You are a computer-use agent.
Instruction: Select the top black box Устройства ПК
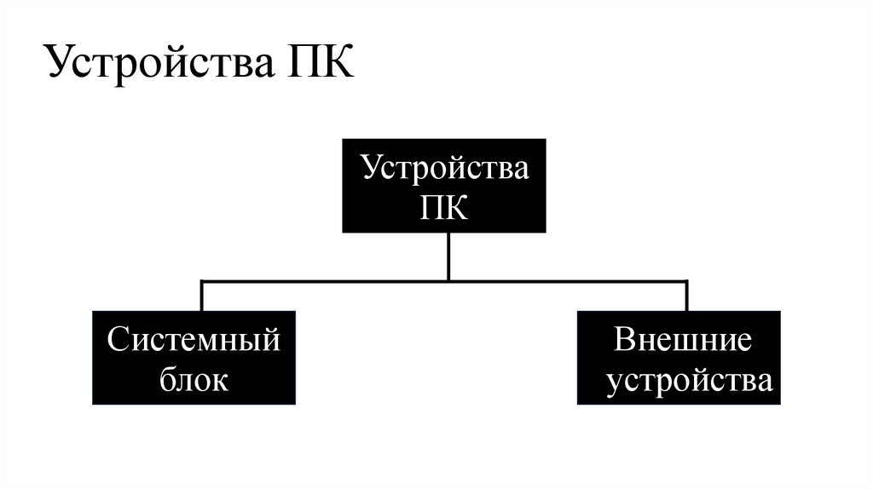pos(444,186)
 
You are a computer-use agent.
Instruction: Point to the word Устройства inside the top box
pos(444,166)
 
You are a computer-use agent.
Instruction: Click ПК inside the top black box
pos(444,207)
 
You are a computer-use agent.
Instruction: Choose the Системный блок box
pos(194,358)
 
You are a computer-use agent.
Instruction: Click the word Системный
pos(194,340)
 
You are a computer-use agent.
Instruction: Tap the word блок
pos(194,380)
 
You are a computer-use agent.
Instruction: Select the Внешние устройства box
pos(678,358)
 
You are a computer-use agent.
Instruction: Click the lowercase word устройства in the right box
pos(690,380)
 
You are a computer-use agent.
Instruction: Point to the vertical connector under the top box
pos(448,256)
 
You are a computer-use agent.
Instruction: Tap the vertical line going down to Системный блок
pos(201,296)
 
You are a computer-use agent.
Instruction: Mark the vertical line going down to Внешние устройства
pos(686,296)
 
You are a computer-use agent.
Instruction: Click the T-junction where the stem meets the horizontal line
pos(448,280)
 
